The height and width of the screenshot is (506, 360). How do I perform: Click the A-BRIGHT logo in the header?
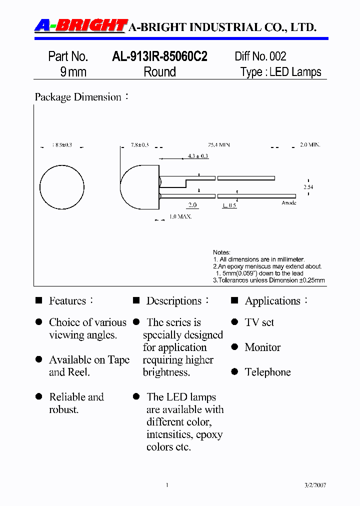coord(80,25)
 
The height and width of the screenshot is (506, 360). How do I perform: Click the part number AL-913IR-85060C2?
coord(159,56)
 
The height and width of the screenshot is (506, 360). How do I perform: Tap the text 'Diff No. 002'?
coord(260,56)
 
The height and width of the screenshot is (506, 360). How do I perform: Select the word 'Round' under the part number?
coord(159,72)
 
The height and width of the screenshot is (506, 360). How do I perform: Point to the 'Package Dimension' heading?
coord(78,97)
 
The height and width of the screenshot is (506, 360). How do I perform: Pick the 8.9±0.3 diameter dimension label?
coord(62,144)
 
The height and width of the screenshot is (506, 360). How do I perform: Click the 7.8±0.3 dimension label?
coord(140,144)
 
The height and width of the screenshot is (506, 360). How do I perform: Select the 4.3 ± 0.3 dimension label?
coord(198,156)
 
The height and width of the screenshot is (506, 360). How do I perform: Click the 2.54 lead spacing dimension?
coord(308,186)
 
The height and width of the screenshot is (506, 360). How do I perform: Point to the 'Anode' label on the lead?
coord(289,202)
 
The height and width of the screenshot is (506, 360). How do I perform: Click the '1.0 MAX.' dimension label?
coord(180,216)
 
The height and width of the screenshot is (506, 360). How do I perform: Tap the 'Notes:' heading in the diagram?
coord(221,252)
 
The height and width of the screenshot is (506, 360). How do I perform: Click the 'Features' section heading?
coord(67,301)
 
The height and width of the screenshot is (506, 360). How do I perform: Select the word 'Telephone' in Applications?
coord(267,372)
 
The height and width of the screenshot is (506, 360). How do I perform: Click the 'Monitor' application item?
coord(262,347)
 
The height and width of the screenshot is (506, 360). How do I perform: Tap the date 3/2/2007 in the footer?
coord(315,485)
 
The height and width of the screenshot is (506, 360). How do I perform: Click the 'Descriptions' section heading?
coord(173,301)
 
